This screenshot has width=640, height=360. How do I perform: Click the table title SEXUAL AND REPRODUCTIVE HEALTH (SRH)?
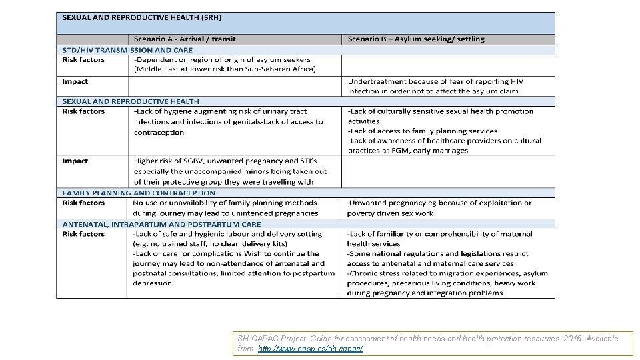[x=142, y=17]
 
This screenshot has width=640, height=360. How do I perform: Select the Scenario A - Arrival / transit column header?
[x=185, y=39]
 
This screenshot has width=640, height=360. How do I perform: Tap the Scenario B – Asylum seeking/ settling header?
[x=416, y=39]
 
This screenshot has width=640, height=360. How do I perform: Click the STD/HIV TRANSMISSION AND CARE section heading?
[x=127, y=50]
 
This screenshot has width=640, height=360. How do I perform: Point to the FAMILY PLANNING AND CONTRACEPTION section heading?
[x=139, y=193]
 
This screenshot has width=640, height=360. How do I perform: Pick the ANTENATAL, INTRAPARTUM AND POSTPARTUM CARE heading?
[x=161, y=224]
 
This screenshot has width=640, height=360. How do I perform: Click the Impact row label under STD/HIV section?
[x=75, y=81]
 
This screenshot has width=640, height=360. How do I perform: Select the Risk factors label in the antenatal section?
[x=83, y=234]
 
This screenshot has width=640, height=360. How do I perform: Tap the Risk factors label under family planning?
[x=83, y=203]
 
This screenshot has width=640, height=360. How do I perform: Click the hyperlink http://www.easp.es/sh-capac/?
[x=310, y=349]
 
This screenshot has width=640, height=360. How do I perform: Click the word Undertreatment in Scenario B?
[x=377, y=81]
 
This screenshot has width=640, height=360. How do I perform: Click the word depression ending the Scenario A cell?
[x=153, y=283]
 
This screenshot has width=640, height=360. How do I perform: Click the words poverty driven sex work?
[x=390, y=213]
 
